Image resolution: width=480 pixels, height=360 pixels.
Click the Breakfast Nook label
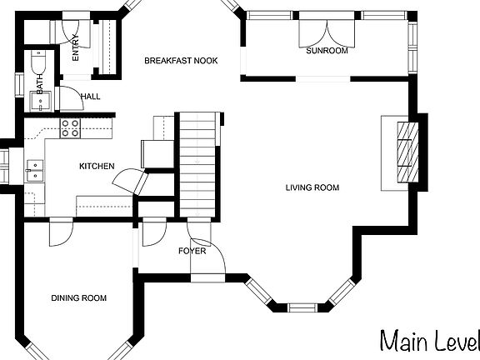(181, 61)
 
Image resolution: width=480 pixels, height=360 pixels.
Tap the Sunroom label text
(327, 51)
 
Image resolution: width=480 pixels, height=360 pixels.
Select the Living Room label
(312, 187)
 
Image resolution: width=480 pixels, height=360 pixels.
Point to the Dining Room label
(78, 297)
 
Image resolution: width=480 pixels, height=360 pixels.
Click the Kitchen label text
(97, 166)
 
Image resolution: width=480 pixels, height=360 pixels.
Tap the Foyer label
(192, 251)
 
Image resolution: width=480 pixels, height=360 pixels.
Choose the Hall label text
(90, 97)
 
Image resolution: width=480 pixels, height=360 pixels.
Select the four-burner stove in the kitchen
(70, 128)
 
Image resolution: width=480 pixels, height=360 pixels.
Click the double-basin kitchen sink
(35, 171)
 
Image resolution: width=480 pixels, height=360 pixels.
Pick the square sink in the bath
(40, 102)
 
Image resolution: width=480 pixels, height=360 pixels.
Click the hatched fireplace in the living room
(407, 152)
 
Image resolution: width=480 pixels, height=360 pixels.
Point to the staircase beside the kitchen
(197, 165)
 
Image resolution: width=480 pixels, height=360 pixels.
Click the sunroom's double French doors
(327, 33)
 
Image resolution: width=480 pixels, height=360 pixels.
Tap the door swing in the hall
(72, 98)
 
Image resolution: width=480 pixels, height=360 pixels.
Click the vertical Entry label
(75, 47)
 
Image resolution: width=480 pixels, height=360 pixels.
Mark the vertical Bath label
(40, 84)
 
